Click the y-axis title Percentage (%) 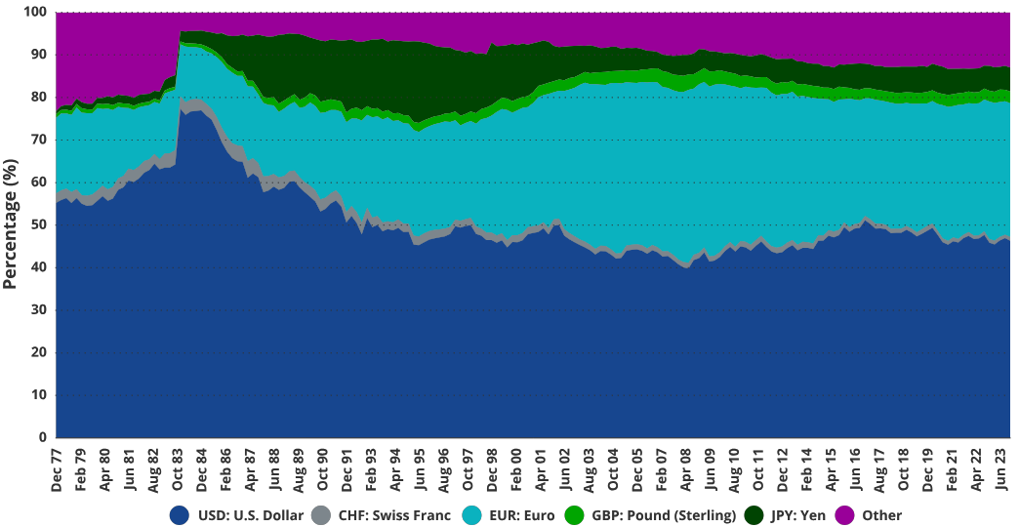[x=12, y=224]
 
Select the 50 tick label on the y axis [x=38, y=224]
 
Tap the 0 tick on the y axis [x=42, y=437]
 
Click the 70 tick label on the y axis [x=38, y=140]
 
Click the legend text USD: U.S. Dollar [x=251, y=515]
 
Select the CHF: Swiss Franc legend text [x=394, y=515]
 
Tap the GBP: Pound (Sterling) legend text [x=664, y=515]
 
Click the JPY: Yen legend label [x=799, y=515]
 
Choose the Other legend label [x=881, y=515]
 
